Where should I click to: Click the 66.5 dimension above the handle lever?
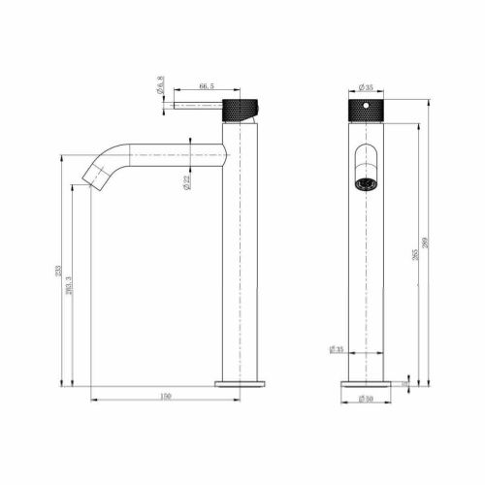207,86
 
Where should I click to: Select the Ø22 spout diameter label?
185,181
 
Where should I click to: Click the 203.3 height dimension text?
68,287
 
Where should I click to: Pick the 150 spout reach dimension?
166,396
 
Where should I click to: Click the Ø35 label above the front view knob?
366,87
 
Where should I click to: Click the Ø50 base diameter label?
366,398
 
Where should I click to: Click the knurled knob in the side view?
241,108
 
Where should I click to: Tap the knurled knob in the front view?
366,108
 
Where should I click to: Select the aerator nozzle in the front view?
365,181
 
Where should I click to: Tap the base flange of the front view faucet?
366,384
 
